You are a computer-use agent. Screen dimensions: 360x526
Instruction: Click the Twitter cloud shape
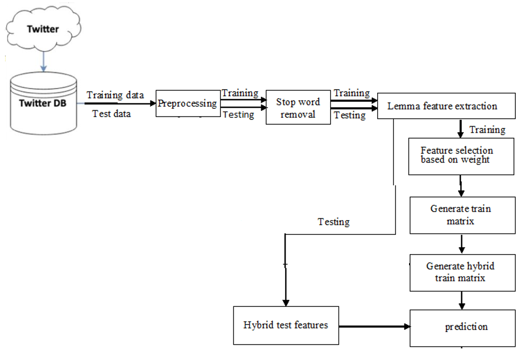coord(43,29)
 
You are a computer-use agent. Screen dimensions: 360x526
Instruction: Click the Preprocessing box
coord(188,103)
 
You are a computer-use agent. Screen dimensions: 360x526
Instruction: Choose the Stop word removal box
coord(298,108)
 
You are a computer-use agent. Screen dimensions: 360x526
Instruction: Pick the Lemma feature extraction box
coord(446,106)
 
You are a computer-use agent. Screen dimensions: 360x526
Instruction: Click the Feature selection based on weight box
coord(461,155)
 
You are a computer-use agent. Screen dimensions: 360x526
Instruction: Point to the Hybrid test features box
coord(286,325)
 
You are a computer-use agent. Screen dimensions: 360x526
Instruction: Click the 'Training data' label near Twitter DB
coord(115,95)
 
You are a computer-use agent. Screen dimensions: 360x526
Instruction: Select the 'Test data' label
coord(111,113)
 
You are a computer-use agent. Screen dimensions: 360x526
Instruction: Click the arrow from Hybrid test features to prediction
coord(375,327)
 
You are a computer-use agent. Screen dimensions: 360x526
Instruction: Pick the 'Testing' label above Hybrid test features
coord(334,222)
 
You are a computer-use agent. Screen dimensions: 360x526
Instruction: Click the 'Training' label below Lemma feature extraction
coord(487,130)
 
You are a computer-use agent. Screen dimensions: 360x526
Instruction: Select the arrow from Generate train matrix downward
coord(462,244)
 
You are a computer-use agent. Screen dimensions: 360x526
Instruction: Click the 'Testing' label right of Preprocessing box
coord(238,115)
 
